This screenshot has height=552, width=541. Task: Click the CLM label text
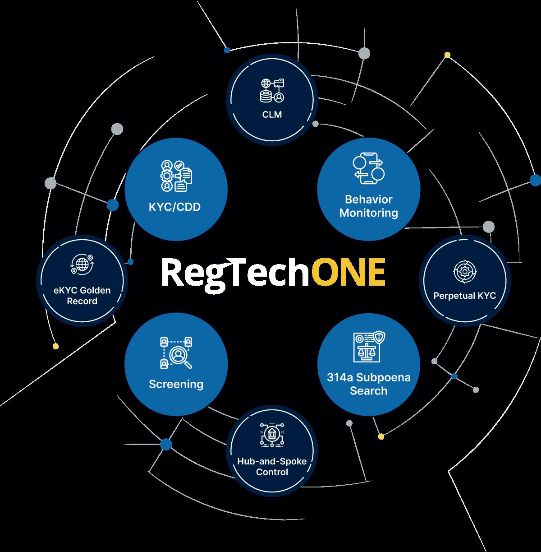click(272, 115)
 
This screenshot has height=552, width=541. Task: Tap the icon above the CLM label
click(272, 90)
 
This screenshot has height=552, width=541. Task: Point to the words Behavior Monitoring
click(369, 206)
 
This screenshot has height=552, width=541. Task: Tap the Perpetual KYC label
click(464, 296)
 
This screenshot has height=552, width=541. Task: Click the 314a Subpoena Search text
click(369, 384)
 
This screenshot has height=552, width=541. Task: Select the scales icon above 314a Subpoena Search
click(369, 346)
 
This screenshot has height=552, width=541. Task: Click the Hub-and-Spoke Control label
click(272, 467)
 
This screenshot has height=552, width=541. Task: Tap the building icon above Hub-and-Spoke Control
click(272, 436)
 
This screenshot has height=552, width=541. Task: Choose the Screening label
click(176, 384)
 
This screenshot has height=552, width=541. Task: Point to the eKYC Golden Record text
click(82, 296)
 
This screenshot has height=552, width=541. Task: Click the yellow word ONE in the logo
click(348, 273)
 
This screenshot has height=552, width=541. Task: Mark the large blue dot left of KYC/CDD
click(113, 205)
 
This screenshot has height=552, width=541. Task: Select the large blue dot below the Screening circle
click(166, 445)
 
